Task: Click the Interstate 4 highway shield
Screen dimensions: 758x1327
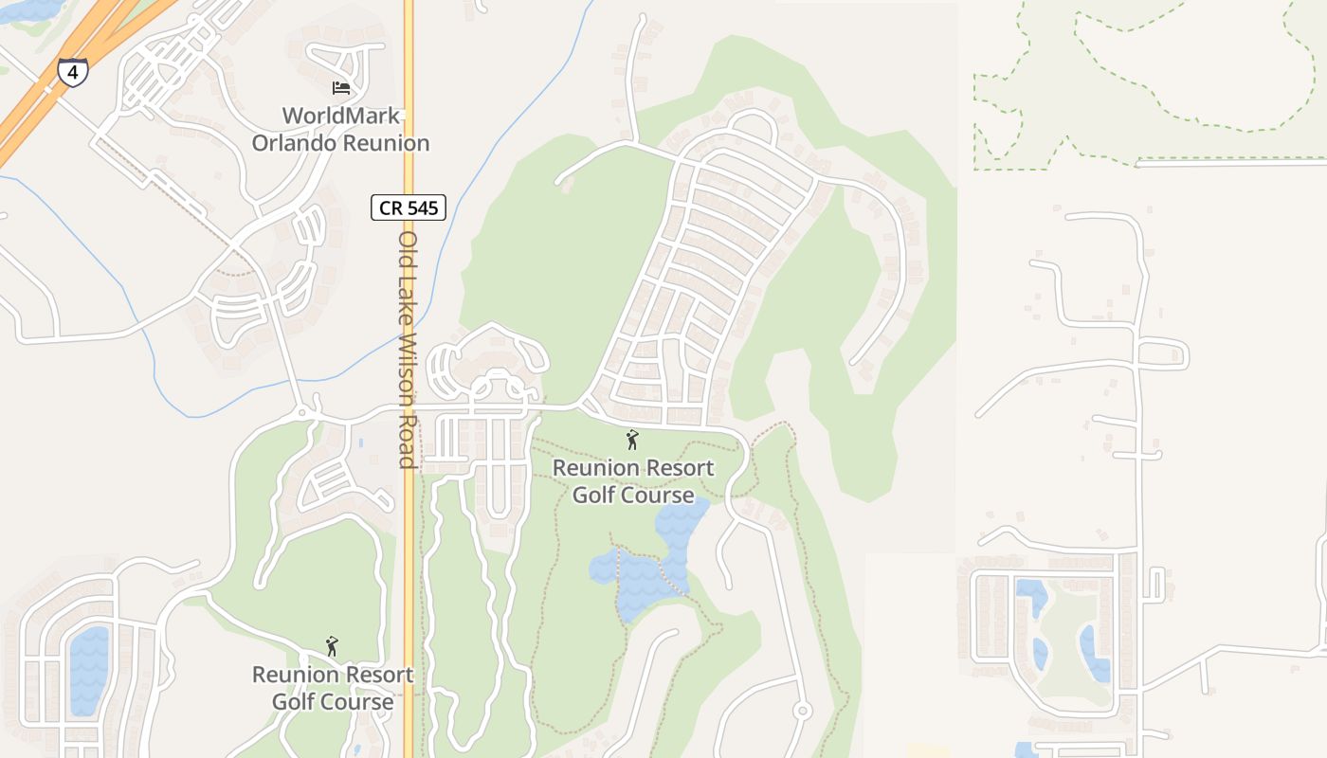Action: point(73,71)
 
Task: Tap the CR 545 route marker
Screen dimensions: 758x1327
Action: point(408,208)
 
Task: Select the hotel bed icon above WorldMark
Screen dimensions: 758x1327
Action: point(341,88)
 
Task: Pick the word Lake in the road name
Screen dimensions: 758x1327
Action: point(408,299)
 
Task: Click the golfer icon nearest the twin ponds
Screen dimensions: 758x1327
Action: point(632,440)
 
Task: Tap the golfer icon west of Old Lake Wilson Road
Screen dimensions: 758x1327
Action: point(332,646)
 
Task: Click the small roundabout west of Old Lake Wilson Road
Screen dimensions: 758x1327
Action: point(302,413)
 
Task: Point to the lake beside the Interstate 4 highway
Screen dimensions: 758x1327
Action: point(28,9)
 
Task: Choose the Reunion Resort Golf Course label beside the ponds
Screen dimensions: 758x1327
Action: point(632,481)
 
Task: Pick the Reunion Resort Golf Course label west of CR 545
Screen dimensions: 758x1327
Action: point(333,688)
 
